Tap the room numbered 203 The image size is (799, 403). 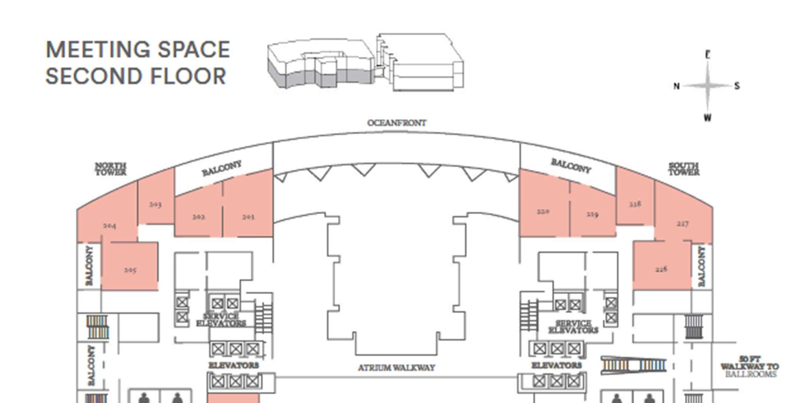156,203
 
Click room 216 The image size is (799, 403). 661,268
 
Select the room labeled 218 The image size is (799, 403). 635,203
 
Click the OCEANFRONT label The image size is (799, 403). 397,123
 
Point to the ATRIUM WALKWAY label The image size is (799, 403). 396,368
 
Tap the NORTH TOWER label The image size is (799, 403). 111,169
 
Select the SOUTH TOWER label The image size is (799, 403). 684,169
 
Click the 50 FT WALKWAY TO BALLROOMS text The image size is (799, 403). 750,366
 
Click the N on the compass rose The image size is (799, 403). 676,86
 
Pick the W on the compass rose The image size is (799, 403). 708,118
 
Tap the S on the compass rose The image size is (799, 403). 737,86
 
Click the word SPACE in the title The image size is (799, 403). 193,50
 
